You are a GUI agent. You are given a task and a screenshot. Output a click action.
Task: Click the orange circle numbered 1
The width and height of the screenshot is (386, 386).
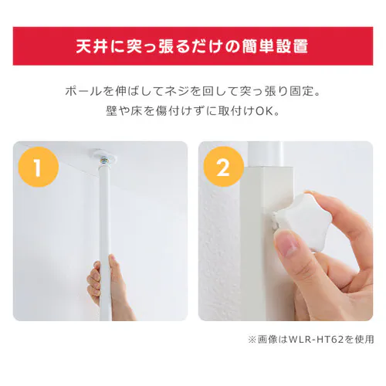(x=39, y=167)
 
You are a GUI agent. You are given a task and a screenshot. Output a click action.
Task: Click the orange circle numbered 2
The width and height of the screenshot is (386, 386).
(x=224, y=167)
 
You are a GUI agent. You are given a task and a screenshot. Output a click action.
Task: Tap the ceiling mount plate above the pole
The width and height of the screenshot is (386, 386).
(x=105, y=154)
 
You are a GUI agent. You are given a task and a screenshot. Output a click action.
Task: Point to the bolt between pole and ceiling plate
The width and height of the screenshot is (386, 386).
(x=105, y=162)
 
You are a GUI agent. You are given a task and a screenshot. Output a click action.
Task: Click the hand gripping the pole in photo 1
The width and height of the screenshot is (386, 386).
(x=110, y=286)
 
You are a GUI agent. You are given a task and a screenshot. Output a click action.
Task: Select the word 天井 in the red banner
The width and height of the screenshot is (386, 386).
(x=91, y=46)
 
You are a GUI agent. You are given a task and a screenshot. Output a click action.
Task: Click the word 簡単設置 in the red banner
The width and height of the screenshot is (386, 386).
(x=276, y=46)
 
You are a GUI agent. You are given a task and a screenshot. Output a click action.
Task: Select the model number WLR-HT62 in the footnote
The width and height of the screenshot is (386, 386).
(x=317, y=340)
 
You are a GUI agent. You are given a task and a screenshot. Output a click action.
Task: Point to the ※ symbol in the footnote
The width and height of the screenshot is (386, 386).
(x=252, y=340)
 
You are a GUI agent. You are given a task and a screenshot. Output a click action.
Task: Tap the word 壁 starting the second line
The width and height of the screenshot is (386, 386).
(x=111, y=111)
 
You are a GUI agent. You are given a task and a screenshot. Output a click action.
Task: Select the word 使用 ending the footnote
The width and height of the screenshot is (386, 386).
(x=364, y=340)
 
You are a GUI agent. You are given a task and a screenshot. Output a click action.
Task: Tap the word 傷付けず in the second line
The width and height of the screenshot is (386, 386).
(x=178, y=111)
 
